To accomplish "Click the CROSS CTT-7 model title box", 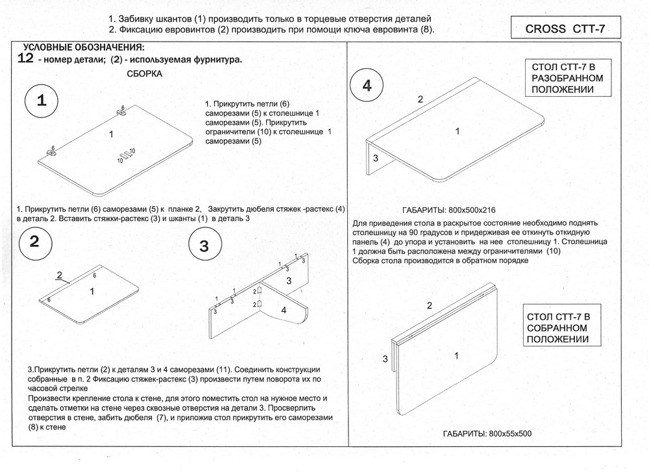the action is point(566,28).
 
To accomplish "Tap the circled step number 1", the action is point(42,101).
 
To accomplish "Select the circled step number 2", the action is point(35,242).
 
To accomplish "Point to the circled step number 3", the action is point(204,246).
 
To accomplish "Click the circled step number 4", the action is point(367,85).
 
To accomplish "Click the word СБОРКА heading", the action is point(145,74).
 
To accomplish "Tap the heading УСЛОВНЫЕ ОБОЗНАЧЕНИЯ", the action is point(84,47).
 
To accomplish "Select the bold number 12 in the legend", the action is point(25,58).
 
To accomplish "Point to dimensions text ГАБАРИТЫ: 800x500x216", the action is point(448,210).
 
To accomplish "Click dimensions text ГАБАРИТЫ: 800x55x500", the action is point(487,433).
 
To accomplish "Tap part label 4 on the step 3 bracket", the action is point(284,310).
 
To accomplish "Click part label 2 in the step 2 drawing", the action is point(60,275).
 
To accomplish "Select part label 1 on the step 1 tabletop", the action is point(111,134).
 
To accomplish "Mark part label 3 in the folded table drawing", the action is point(386,359).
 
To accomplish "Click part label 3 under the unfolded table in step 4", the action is point(375,158).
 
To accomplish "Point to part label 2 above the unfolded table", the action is point(421,99).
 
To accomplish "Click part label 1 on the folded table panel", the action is point(456,356).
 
